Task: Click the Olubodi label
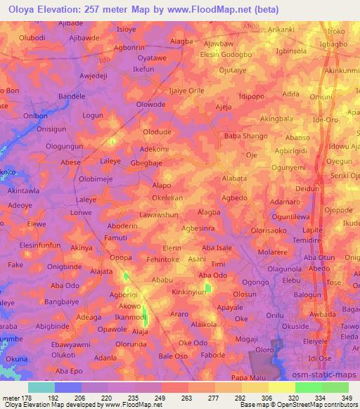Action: pyautogui.click(x=33, y=38)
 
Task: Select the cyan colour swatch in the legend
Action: pyautogui.click(x=41, y=387)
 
